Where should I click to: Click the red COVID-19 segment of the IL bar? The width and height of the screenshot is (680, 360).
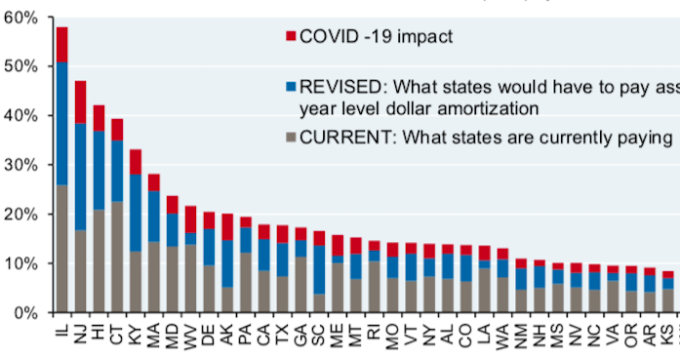point(62,44)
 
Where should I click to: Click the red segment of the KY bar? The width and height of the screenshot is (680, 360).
point(136,162)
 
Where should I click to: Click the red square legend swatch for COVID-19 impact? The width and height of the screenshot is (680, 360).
point(290,37)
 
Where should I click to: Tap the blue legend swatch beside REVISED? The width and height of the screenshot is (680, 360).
point(290,86)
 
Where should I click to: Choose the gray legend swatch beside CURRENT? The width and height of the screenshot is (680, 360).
point(290,138)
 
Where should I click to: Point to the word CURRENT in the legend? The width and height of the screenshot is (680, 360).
point(341,138)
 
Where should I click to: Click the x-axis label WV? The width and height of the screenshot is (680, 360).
point(191,334)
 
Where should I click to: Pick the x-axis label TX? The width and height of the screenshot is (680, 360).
point(283,334)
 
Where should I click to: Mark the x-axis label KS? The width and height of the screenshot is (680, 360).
point(667,334)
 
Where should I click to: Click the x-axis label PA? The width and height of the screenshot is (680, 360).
point(246,334)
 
